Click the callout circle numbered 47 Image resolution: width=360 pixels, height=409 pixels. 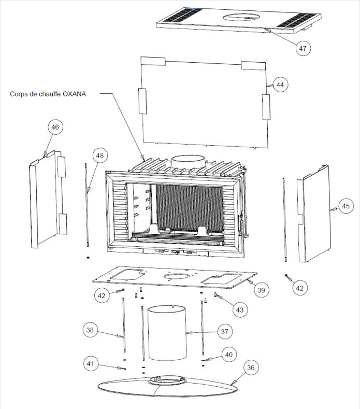[x=303, y=48]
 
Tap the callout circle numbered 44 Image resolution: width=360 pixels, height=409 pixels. [x=280, y=85]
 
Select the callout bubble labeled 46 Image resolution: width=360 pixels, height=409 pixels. [x=55, y=127]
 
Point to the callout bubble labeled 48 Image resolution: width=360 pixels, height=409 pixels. [x=100, y=156]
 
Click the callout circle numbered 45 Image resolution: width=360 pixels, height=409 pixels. [x=345, y=206]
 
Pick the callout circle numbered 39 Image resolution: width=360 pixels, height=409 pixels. [x=261, y=290]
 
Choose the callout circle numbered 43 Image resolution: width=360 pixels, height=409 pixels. [x=239, y=309]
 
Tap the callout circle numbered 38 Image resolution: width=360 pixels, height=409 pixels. [x=90, y=330]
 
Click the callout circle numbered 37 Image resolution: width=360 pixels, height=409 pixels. [x=225, y=332]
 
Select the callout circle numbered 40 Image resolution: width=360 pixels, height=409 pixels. [x=229, y=355]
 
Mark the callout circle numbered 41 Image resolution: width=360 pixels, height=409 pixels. [x=91, y=363]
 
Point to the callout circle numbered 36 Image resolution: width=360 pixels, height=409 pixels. [x=251, y=368]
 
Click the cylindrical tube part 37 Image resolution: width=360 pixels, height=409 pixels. [x=167, y=333]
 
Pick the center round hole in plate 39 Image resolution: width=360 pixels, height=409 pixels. [x=177, y=276]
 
